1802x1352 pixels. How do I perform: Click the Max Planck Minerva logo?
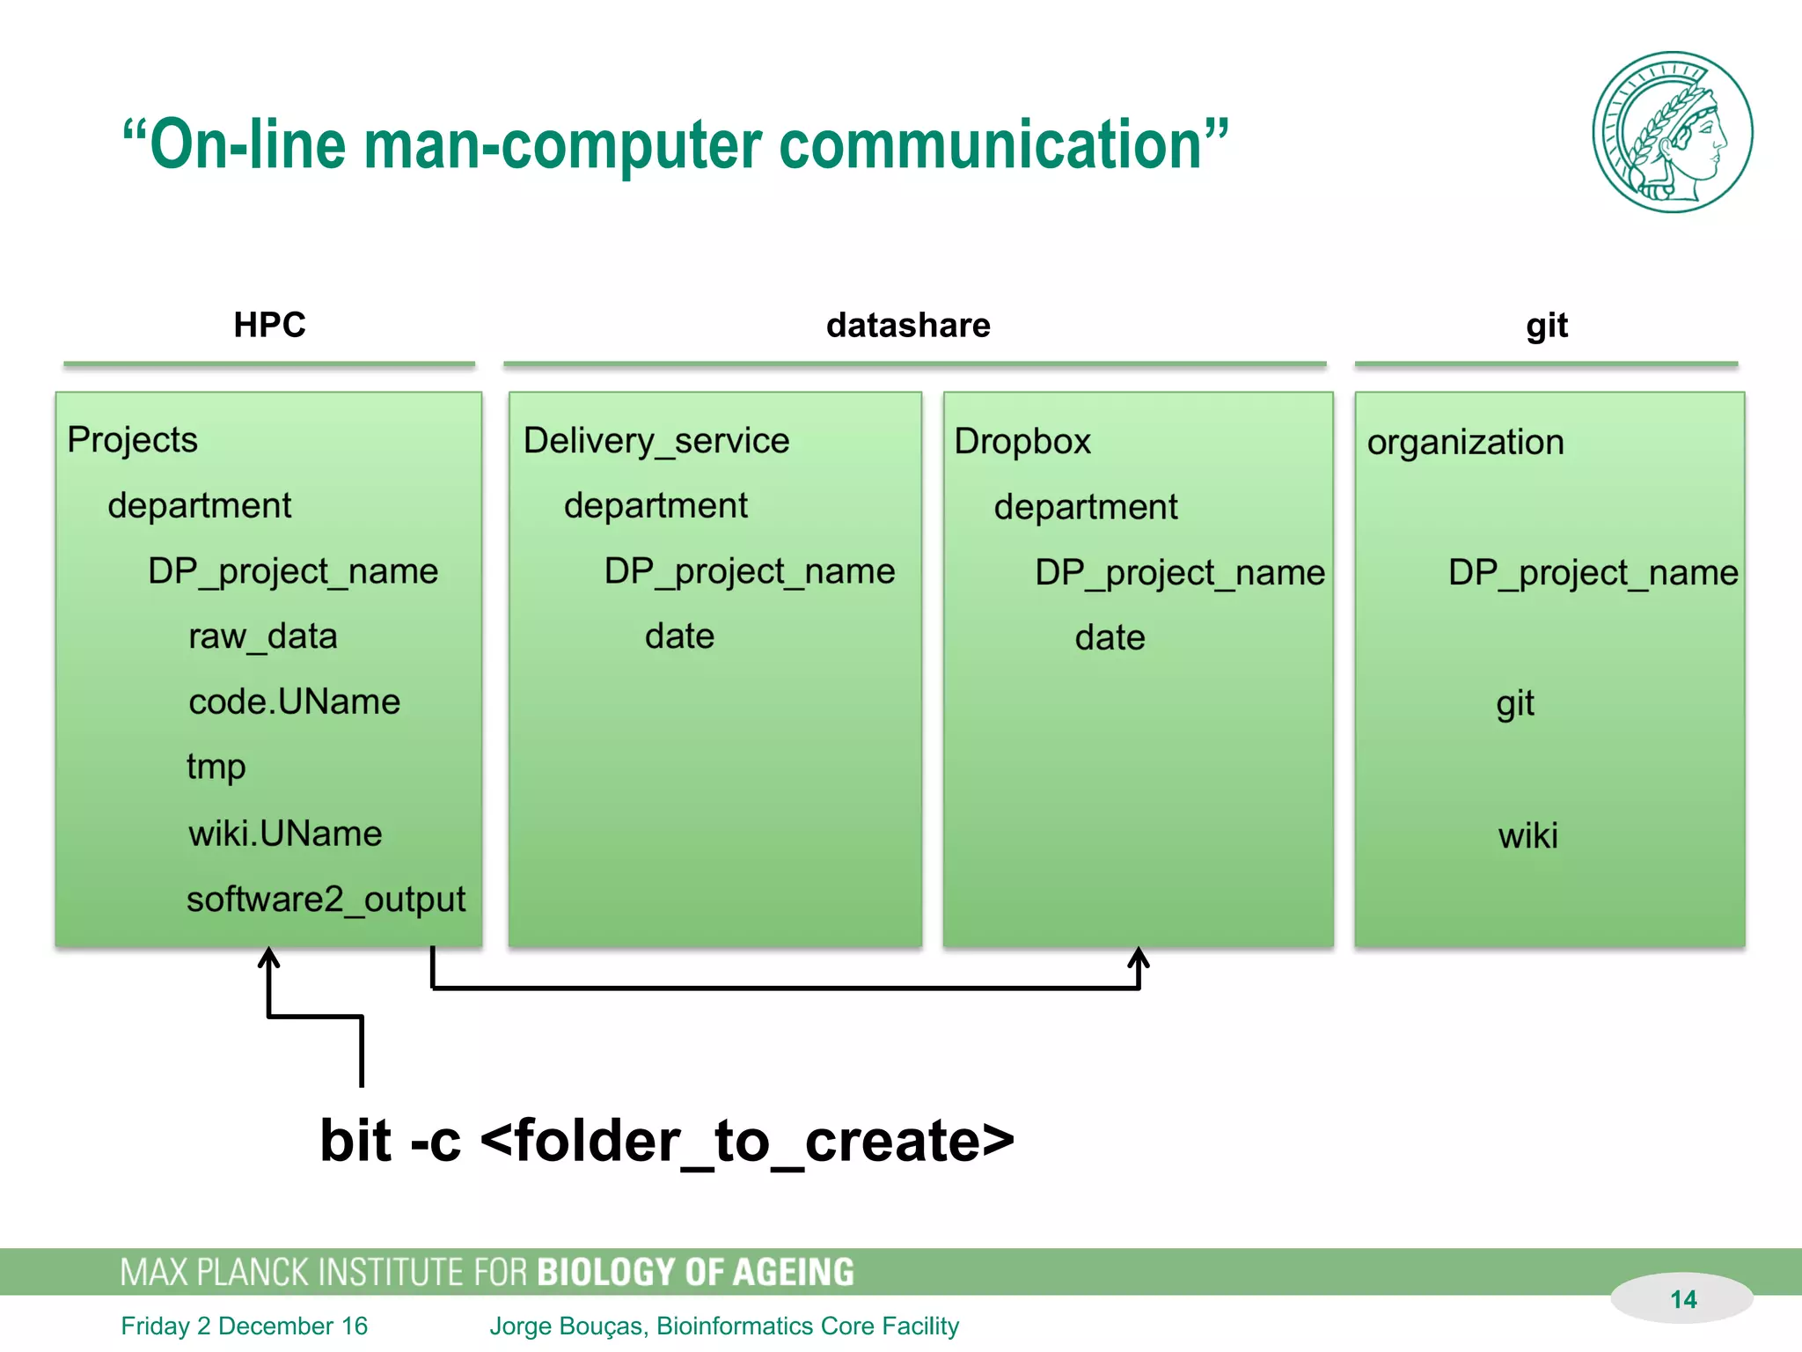(1672, 132)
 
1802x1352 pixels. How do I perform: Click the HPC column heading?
(269, 325)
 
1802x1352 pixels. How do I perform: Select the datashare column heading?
(908, 326)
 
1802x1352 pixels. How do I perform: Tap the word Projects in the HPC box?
(133, 439)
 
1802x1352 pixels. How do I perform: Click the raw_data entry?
(263, 636)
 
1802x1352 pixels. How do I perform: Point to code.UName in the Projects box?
(294, 702)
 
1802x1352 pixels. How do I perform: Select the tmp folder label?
(216, 768)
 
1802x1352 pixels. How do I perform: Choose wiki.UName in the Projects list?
(285, 834)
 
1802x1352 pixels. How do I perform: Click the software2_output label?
(326, 900)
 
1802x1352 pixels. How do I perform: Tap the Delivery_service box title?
(656, 440)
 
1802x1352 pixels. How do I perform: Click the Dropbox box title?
(1022, 441)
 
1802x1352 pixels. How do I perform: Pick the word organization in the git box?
(1465, 442)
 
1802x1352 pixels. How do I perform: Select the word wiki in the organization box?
(1528, 835)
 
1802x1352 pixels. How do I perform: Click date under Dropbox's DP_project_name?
(1110, 637)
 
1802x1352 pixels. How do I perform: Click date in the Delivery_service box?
(679, 636)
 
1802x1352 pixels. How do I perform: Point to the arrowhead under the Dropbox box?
(1139, 958)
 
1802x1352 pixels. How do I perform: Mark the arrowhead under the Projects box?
(269, 958)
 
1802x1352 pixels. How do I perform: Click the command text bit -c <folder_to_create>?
(667, 1141)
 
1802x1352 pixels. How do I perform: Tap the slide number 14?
(1682, 1299)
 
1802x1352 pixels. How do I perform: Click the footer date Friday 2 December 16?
(245, 1326)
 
